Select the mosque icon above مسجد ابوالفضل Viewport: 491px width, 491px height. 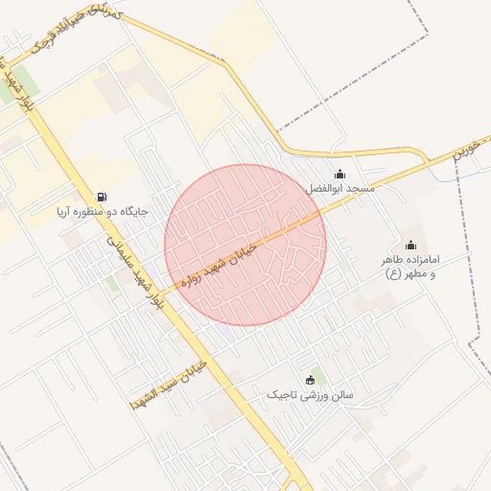tap(339, 174)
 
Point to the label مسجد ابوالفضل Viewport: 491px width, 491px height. tap(340, 189)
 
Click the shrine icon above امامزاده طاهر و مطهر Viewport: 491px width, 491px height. tap(411, 245)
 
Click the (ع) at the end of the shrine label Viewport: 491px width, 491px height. tap(393, 274)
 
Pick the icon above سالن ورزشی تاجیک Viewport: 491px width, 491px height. tap(310, 380)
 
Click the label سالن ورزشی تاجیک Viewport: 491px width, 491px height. tap(310, 394)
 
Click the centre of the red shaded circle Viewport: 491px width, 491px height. tap(245, 245)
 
